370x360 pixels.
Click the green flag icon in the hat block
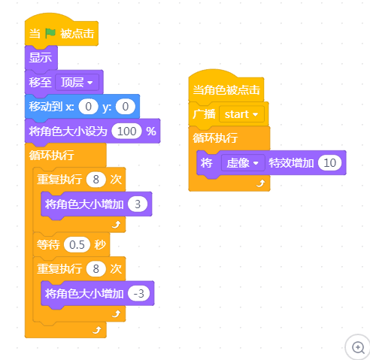[x=50, y=33]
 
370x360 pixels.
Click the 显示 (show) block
[x=41, y=58]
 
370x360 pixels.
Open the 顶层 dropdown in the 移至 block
[x=77, y=82]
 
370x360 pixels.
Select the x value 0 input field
[x=88, y=107]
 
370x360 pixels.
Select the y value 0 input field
[x=126, y=107]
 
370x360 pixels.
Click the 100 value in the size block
[x=127, y=132]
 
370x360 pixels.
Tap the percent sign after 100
[x=151, y=132]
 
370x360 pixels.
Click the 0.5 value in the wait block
[x=77, y=245]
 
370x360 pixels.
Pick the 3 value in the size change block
[x=138, y=204]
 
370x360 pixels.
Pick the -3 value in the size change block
[x=138, y=294]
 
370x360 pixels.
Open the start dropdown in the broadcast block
[x=241, y=114]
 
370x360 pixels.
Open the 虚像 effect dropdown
[x=243, y=163]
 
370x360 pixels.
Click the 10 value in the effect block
[x=330, y=163]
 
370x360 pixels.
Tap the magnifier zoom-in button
[x=358, y=347]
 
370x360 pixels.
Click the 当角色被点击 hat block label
[x=226, y=90]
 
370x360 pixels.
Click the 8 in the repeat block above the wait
[x=96, y=180]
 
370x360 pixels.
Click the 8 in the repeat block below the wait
[x=96, y=269]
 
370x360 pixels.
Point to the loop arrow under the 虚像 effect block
[x=261, y=183]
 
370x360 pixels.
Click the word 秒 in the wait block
[x=100, y=245]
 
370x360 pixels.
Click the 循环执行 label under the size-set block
[x=51, y=156]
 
